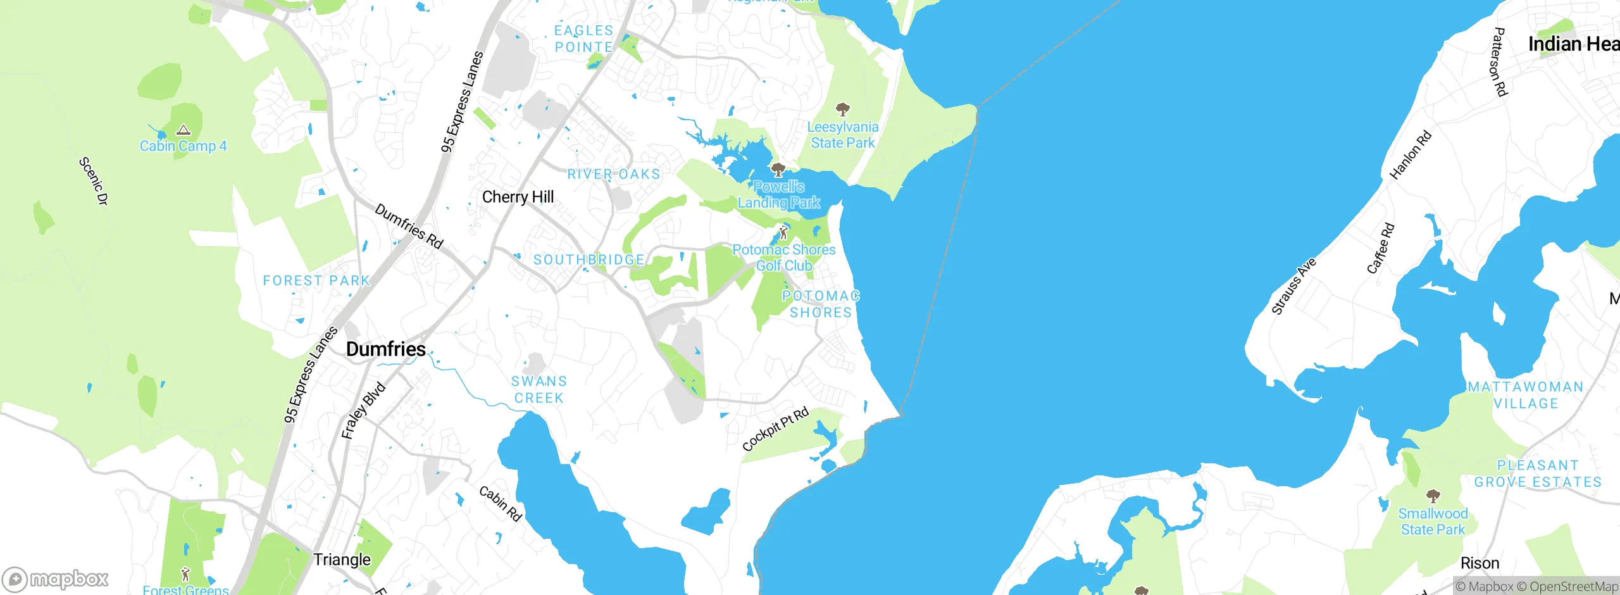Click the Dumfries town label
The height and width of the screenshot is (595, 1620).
click(x=385, y=349)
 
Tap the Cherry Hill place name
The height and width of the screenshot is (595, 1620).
click(x=518, y=197)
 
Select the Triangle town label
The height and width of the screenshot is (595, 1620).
click(x=342, y=560)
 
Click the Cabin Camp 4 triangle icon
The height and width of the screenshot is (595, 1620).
click(x=184, y=130)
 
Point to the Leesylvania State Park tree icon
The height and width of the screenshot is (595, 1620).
click(x=842, y=110)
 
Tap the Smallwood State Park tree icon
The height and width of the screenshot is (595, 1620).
click(x=1433, y=496)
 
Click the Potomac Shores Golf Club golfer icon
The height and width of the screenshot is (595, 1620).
click(x=783, y=232)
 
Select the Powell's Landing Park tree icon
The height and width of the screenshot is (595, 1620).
click(x=778, y=170)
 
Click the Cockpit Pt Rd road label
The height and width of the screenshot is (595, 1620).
click(x=775, y=430)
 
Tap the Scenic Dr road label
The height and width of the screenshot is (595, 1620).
click(x=94, y=181)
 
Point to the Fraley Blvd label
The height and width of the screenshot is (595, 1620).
click(x=363, y=411)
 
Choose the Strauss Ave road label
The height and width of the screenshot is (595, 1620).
click(x=1293, y=286)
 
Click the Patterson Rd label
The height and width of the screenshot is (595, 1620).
click(x=1498, y=61)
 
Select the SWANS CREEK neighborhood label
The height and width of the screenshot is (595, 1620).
click(x=539, y=390)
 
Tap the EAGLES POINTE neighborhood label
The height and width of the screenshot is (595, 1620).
click(x=583, y=39)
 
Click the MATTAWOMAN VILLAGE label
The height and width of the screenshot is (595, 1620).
click(x=1526, y=395)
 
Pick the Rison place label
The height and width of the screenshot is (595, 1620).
click(x=1480, y=563)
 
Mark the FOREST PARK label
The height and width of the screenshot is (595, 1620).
click(x=316, y=280)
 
